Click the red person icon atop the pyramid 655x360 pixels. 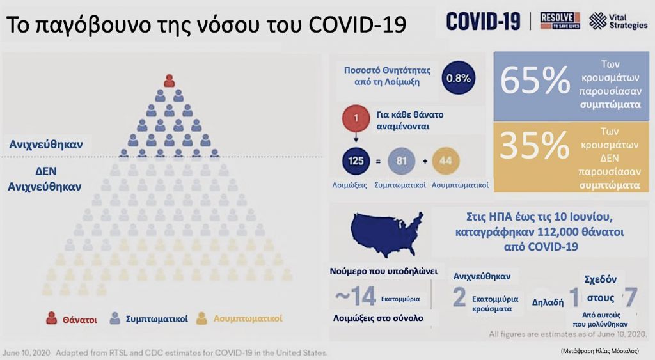point(169,81)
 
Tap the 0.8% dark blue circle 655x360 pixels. point(458,78)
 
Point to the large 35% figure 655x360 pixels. point(535,146)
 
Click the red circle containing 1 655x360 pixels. point(355,119)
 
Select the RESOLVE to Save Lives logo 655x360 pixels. point(560,21)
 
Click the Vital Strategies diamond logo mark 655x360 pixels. point(598,21)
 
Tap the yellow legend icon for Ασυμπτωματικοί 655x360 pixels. point(201,318)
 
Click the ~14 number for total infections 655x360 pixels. point(354,297)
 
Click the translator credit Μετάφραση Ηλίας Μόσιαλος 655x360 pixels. point(599,351)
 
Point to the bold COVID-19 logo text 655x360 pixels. point(483,21)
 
